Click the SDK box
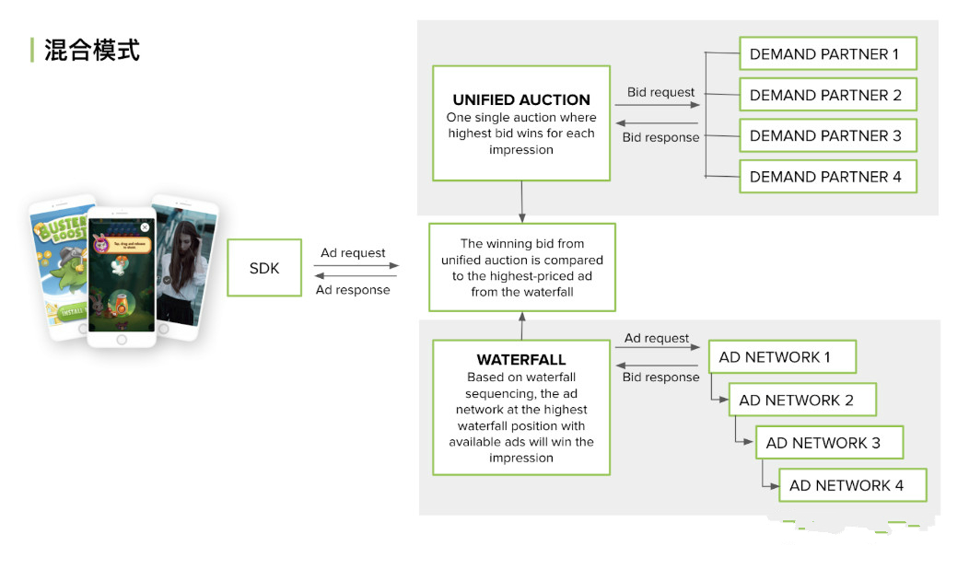click(x=264, y=268)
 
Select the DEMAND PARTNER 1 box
click(x=827, y=53)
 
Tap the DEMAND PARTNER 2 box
click(x=827, y=95)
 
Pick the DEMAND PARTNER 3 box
click(x=827, y=135)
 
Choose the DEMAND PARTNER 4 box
click(x=827, y=176)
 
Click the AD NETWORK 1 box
click(x=781, y=356)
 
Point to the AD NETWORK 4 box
click(x=851, y=485)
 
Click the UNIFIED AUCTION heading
click(x=521, y=99)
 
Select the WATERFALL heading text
click(x=521, y=360)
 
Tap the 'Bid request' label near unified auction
click(x=661, y=92)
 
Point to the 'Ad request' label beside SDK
click(x=353, y=252)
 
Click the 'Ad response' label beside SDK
click(x=353, y=290)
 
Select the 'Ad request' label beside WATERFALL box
click(x=657, y=338)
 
